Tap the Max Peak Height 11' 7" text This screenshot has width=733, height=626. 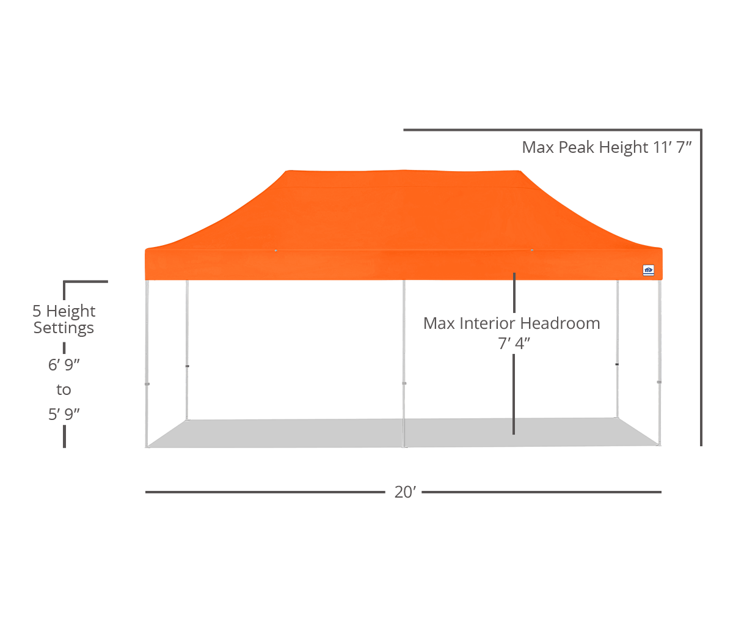coord(607,147)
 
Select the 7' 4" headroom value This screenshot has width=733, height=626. coord(514,343)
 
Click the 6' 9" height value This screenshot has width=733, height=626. coord(64,364)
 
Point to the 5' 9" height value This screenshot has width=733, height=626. coord(64,414)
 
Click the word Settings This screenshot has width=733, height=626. coord(64,328)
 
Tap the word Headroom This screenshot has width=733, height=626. coord(560,323)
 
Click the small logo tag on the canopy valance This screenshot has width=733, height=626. coord(649,270)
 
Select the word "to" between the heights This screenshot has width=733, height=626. coord(64,389)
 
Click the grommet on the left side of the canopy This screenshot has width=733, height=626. coord(276,251)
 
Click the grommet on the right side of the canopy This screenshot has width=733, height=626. coord(532,250)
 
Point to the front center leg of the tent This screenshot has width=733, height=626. coord(404,364)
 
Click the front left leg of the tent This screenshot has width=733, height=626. coord(147,364)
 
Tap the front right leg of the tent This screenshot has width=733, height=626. coord(659,363)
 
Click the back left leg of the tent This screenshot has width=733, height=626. coord(188,350)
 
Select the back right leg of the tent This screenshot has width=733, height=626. coord(618,349)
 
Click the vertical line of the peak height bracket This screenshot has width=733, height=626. coord(701,288)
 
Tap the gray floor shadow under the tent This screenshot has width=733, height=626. coord(403,433)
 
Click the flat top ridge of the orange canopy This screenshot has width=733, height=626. coord(404,172)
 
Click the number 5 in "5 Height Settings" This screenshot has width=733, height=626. coord(37,311)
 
